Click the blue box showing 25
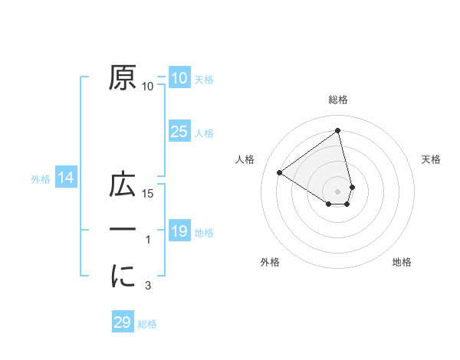pos(179,132)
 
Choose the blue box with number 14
pos(66,178)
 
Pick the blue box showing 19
pos(179,231)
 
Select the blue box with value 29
pos(123,322)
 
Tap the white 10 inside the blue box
pos(179,78)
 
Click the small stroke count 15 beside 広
pos(149,195)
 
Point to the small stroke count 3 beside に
pos(148,286)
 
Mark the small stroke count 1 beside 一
pos(148,241)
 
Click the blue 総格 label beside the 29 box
pos(147,324)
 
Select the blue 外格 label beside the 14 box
pos(41,180)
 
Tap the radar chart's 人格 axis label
pos(245,159)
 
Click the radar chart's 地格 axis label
pos(402,262)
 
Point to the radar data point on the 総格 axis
pos(338,130)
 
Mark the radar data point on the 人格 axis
pos(280,172)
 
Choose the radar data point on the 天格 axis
pos(352,186)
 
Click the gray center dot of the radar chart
pos(338,191)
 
